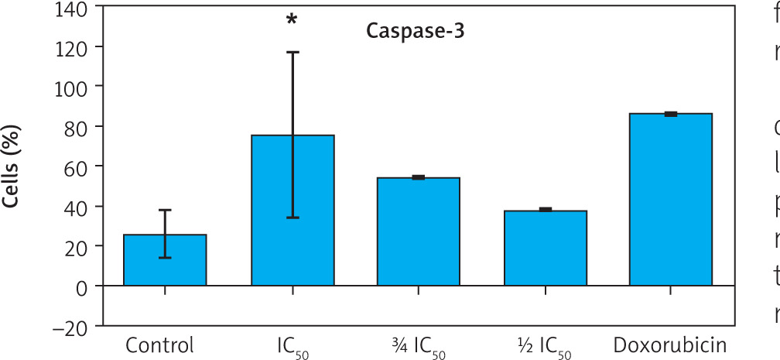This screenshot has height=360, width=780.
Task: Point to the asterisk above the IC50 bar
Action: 292,19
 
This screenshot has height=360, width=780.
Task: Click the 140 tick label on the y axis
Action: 72,7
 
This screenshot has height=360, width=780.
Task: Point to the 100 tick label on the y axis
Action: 72,86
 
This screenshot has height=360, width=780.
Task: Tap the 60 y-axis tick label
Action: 77,166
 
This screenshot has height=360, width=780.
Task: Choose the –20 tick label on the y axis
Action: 70,326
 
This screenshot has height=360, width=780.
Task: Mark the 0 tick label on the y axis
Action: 82,286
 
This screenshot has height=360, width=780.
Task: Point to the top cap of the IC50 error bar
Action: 292,52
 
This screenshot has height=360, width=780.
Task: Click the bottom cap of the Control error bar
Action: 165,258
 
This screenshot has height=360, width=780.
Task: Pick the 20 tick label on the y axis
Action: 77,246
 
